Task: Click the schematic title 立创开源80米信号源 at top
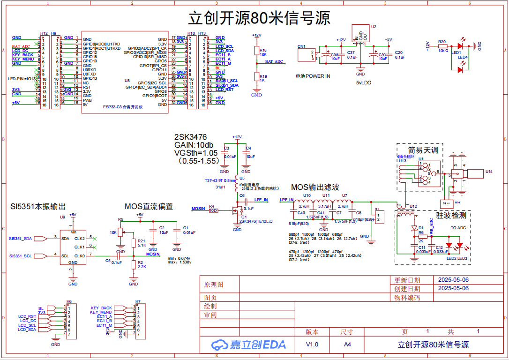click(259, 18)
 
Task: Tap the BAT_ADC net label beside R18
click(274, 61)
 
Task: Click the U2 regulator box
click(360, 34)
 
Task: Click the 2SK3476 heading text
click(190, 137)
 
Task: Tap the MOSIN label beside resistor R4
click(198, 208)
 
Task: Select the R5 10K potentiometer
click(120, 232)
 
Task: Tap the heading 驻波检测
click(451, 215)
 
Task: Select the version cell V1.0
click(312, 344)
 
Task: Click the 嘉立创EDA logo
click(248, 345)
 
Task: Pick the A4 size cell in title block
click(347, 344)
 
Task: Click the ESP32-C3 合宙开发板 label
click(122, 107)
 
